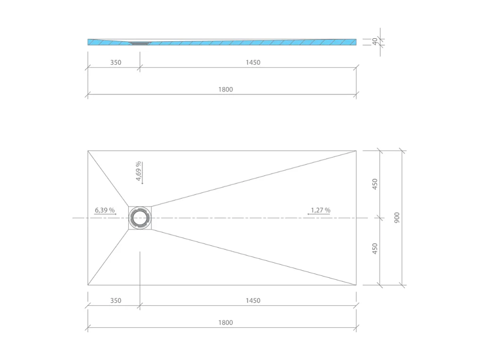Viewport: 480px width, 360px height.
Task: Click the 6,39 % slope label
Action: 104,210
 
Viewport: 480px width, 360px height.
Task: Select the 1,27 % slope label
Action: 320,210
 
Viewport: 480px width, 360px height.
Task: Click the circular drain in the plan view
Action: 140,218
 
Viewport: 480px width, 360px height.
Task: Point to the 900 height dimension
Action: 397,217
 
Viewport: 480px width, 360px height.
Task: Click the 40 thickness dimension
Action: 375,42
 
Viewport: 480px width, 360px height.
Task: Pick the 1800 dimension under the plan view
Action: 226,323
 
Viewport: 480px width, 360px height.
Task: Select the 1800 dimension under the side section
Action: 226,89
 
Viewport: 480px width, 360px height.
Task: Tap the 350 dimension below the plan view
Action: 115,300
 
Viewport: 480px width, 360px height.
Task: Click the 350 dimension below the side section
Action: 115,62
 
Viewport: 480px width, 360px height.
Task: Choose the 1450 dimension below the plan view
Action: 253,300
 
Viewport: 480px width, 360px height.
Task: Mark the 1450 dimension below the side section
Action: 253,62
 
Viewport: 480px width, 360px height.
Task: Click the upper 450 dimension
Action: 375,184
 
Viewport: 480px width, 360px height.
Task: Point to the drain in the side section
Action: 140,43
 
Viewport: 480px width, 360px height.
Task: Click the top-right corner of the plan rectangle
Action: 356,151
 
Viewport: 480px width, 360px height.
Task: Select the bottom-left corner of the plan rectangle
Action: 88,285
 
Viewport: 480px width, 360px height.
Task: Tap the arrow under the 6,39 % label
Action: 105,214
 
